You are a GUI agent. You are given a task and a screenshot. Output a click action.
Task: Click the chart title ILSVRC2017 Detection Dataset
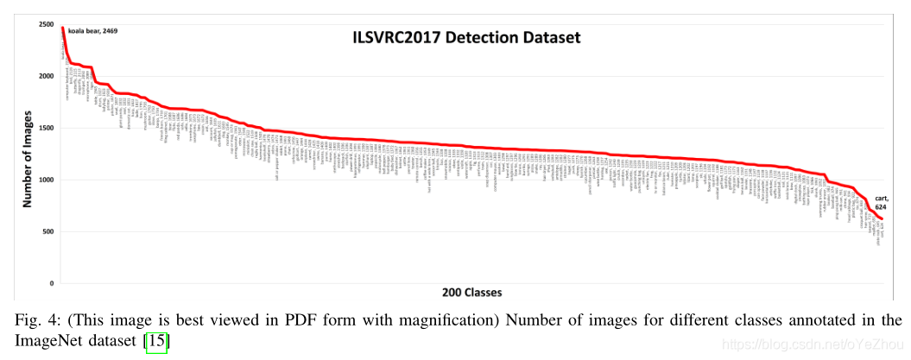point(465,38)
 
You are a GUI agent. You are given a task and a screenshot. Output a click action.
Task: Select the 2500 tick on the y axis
point(45,25)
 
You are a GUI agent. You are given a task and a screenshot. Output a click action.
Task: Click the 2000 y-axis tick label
point(45,77)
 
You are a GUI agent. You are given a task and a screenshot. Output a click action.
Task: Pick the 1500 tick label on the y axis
point(45,129)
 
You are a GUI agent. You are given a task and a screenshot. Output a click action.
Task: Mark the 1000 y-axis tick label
point(45,180)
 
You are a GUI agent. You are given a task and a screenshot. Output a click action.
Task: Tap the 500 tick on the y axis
point(47,232)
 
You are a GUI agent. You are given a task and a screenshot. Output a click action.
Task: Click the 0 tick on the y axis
point(52,284)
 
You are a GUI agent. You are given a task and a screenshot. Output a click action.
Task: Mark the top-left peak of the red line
point(63,28)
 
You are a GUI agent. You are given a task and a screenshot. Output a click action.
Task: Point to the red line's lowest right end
point(882,218)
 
